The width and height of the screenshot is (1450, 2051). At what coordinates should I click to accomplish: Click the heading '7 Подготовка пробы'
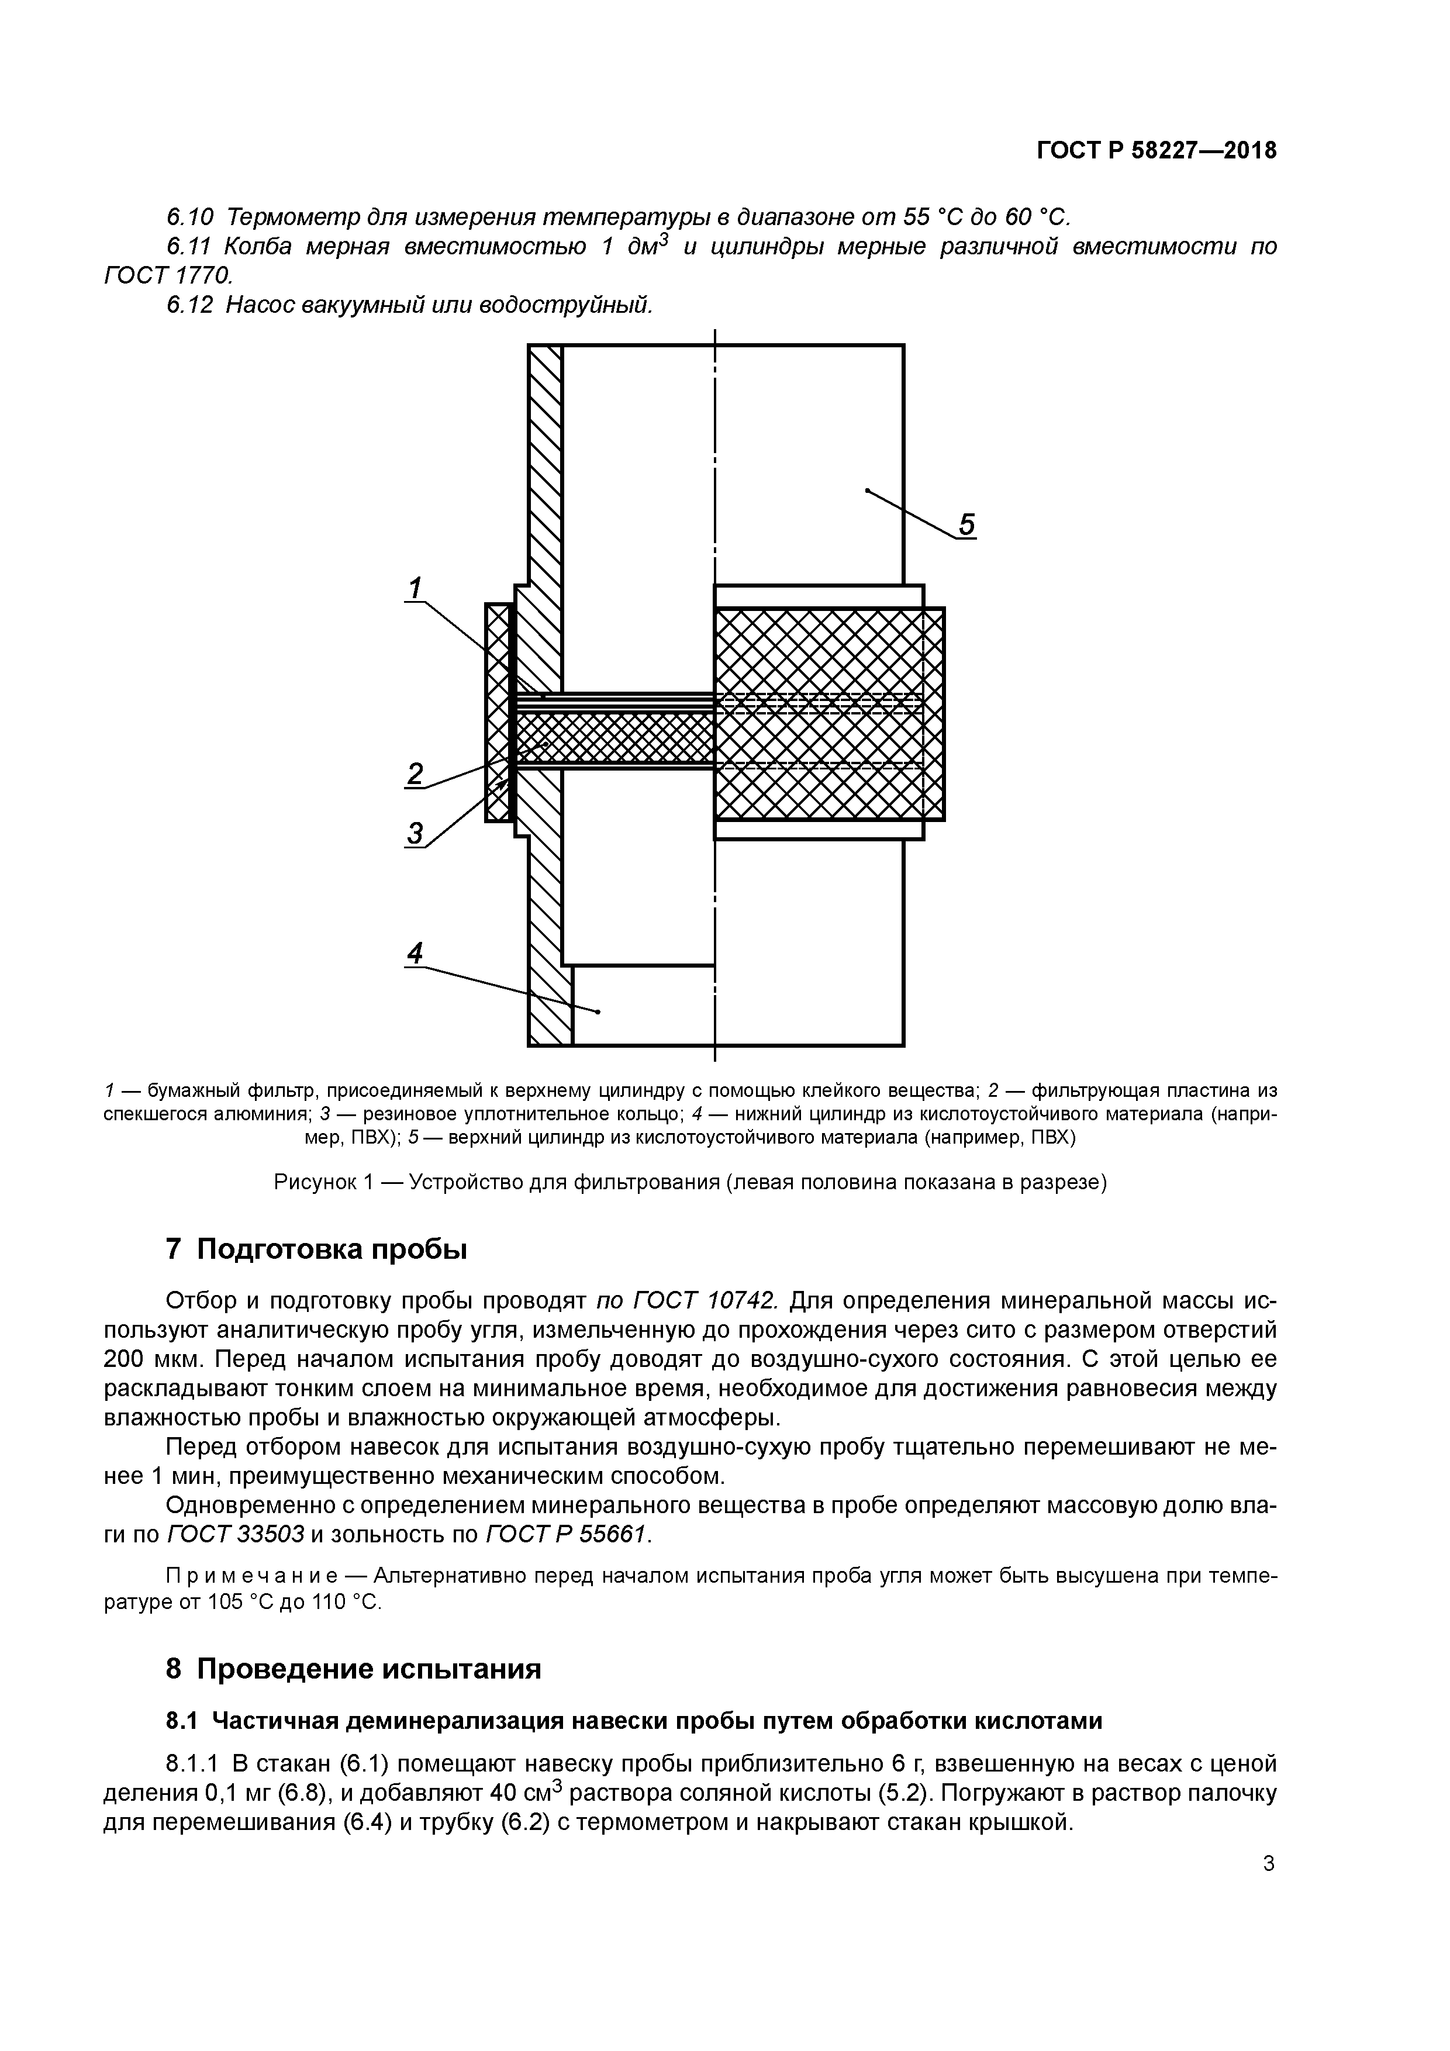(316, 1249)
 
